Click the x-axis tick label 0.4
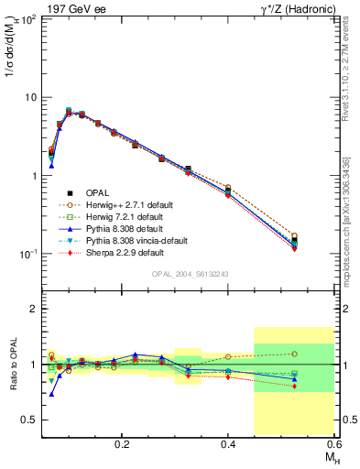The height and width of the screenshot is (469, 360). coord(228,443)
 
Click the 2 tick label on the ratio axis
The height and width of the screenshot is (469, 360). coord(35,309)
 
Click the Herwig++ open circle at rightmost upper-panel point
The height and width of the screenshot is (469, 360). coord(320,235)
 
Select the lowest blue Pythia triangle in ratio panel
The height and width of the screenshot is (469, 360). coord(51,394)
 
